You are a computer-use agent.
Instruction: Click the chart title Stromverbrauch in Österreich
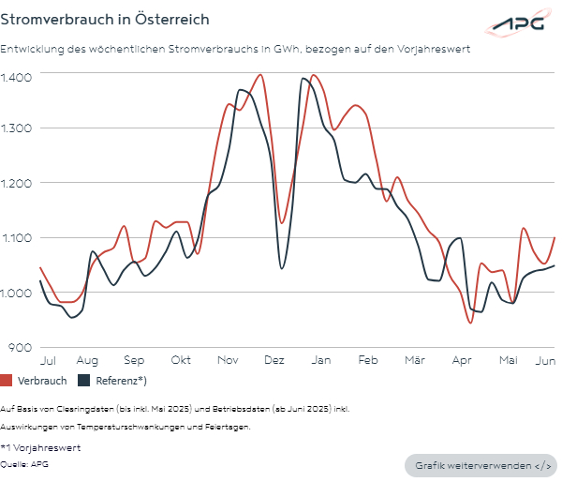coord(104,19)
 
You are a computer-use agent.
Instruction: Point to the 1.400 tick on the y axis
coord(16,75)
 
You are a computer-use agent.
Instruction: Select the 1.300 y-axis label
coord(16,128)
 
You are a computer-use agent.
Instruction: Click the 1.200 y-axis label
coord(16,183)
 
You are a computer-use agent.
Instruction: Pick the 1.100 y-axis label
coord(16,238)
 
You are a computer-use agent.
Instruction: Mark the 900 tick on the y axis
coord(21,347)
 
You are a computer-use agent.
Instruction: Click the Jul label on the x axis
coord(49,360)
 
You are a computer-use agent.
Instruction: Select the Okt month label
coord(181,360)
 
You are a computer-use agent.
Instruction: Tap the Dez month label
coord(274,360)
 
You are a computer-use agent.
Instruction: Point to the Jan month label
coord(320,360)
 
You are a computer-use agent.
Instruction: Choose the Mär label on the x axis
coord(415,360)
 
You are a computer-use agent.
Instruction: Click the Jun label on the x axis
coord(546,360)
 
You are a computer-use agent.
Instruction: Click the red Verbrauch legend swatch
coord(7,381)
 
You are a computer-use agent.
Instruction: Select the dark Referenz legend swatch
coord(83,381)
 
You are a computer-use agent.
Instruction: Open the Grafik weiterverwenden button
coord(480,465)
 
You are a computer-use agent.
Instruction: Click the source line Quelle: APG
coord(24,463)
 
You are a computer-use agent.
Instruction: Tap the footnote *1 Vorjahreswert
coord(40,448)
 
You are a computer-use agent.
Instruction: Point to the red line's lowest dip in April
coord(470,323)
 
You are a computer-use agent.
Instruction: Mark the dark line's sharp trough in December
coord(282,269)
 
